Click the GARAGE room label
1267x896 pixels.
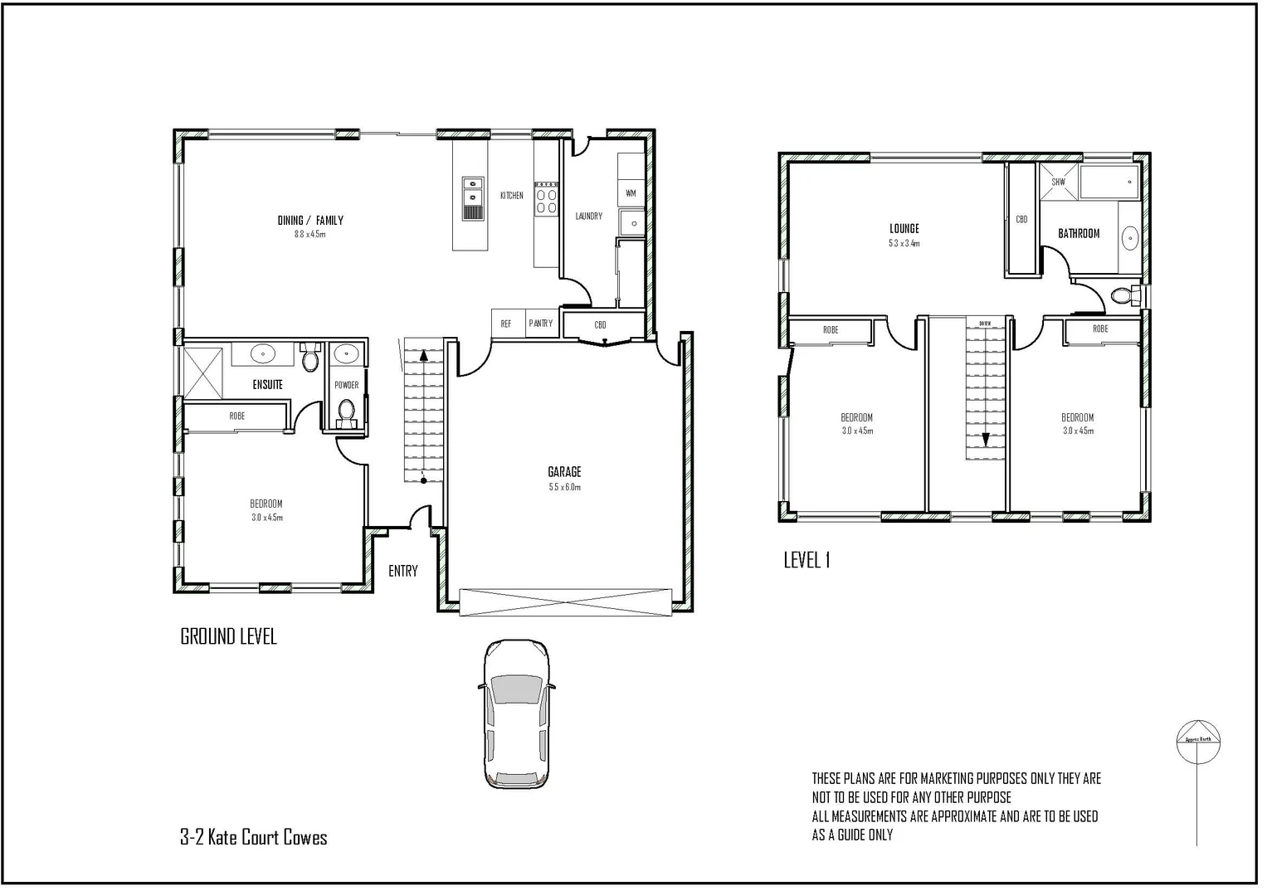point(564,472)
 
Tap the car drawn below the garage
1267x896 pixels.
point(516,713)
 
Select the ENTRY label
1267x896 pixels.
point(403,571)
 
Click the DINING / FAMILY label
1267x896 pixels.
point(310,221)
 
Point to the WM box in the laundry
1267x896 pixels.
point(631,193)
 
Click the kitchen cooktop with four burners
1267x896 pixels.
point(546,200)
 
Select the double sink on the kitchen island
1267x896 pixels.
point(472,192)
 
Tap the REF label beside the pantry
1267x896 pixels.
point(506,324)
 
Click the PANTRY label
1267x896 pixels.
point(541,324)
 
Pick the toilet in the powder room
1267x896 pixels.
point(347,411)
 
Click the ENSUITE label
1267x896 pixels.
point(268,385)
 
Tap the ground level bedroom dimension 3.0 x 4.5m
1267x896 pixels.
point(267,518)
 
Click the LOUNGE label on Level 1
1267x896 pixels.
point(904,229)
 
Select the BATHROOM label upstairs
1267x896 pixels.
point(1079,234)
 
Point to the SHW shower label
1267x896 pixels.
point(1059,182)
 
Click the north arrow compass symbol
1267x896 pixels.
point(1198,741)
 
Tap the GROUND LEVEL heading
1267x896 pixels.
point(228,637)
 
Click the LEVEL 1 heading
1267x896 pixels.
point(806,561)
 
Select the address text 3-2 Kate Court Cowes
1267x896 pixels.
point(254,837)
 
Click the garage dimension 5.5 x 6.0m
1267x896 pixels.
point(564,487)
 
